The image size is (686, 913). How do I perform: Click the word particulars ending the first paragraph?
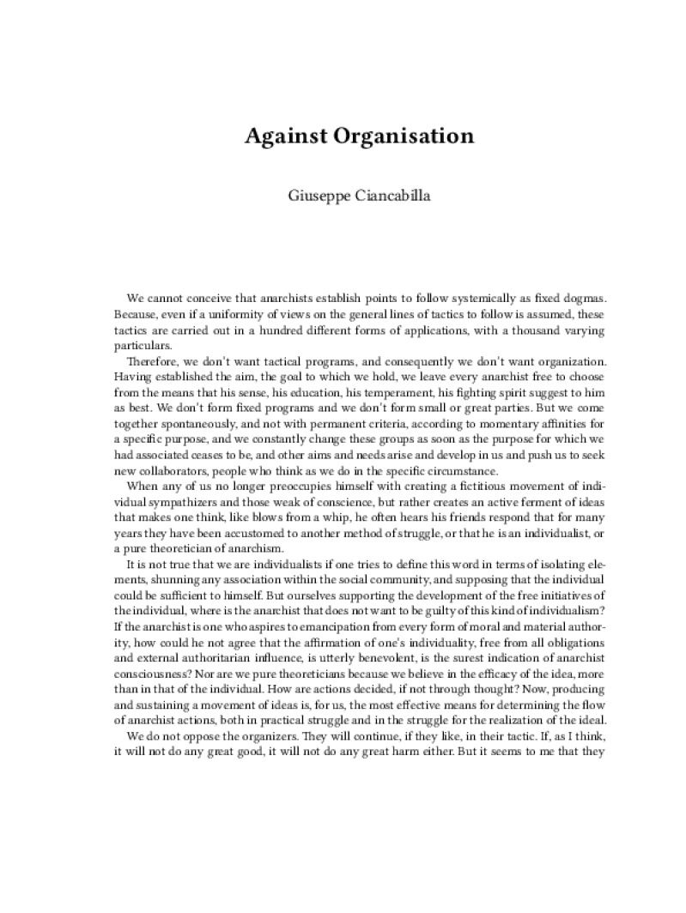tap(139, 346)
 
